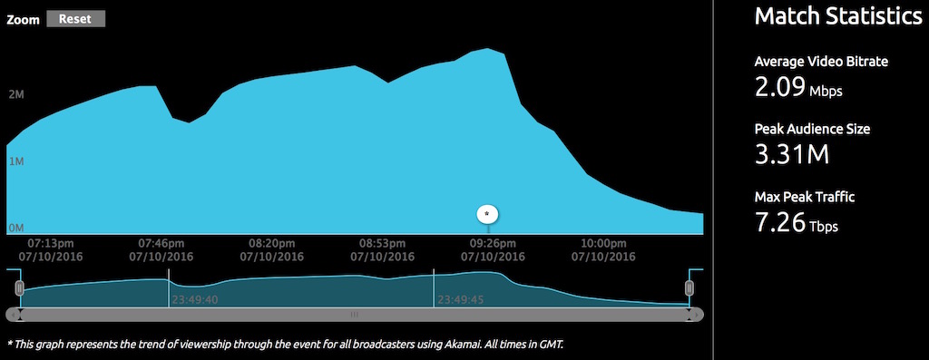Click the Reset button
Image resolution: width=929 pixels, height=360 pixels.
pos(76,19)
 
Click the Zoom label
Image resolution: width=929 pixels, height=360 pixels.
pos(23,20)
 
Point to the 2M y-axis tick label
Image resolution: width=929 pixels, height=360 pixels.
pos(16,94)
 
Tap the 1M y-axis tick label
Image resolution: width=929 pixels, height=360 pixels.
pos(16,161)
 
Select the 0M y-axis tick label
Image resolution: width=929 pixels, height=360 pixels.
pos(16,228)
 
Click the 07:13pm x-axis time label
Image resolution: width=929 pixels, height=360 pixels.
pos(51,243)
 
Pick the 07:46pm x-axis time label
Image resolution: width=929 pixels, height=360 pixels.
pos(161,243)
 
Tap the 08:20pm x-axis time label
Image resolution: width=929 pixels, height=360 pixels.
pos(271,243)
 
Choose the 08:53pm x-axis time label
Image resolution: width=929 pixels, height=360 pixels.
pos(382,243)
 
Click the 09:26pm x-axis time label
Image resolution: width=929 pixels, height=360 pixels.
pos(493,243)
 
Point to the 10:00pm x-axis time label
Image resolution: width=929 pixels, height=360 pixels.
pos(603,243)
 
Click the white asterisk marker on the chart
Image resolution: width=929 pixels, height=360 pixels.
pos(487,214)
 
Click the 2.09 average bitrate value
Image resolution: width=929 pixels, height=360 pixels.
pos(779,89)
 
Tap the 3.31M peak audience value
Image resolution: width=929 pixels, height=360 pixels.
pos(791,154)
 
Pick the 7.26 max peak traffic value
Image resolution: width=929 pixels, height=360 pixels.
pos(779,222)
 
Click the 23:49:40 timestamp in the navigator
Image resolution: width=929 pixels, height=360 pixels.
pos(195,300)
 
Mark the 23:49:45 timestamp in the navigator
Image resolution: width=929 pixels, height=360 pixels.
pos(460,300)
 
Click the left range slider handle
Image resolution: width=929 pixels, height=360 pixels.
pos(20,288)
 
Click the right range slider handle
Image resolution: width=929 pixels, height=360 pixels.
pos(689,288)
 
